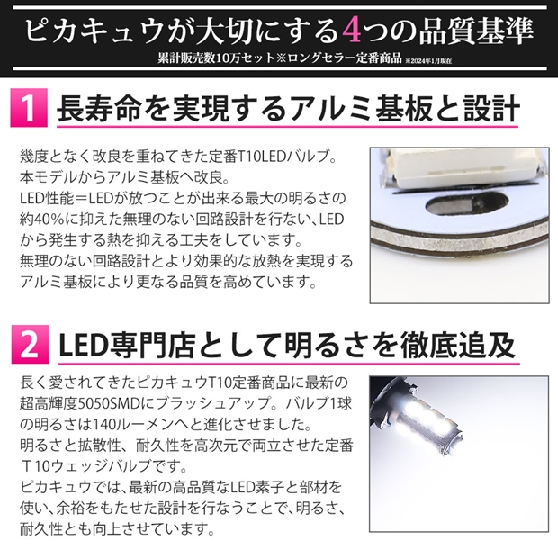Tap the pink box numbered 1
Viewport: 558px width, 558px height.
click(x=29, y=108)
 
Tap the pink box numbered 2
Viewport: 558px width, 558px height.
click(x=30, y=344)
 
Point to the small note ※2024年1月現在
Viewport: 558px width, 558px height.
click(x=428, y=61)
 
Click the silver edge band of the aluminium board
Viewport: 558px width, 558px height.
click(x=459, y=239)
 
